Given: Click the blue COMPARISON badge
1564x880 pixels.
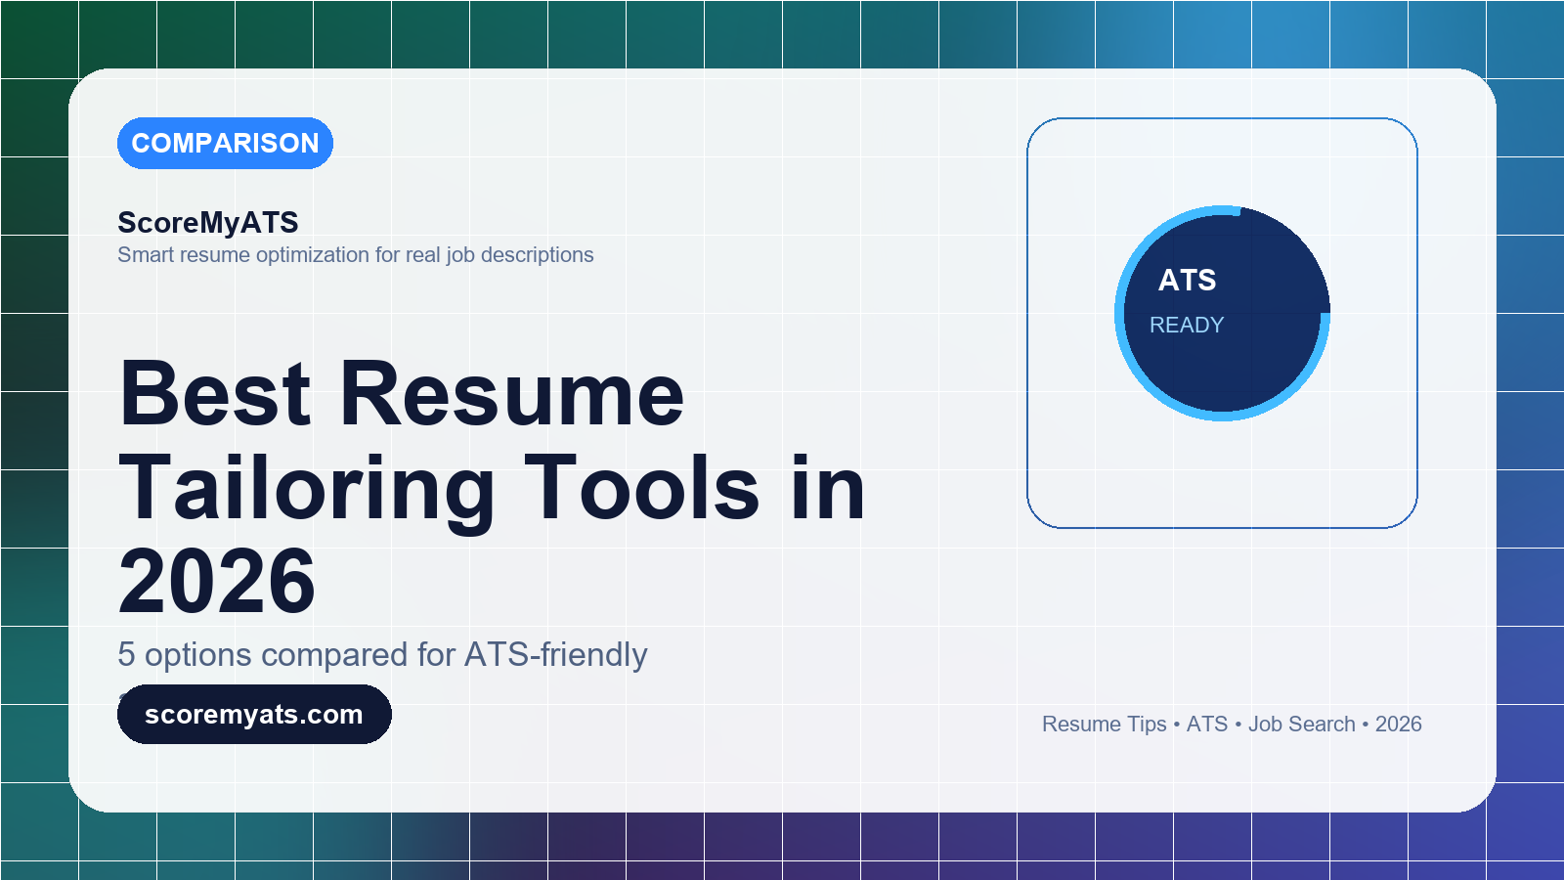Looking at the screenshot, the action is tap(225, 143).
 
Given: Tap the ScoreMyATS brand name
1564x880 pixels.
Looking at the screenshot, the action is tap(208, 223).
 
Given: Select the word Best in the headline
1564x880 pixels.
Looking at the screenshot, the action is tap(215, 394).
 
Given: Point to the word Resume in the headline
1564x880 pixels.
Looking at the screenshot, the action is tap(512, 394).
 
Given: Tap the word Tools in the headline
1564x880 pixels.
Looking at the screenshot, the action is tap(642, 488).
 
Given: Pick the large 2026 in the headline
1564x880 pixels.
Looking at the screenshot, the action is tap(217, 581).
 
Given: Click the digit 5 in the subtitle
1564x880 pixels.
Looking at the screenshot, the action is tap(126, 655).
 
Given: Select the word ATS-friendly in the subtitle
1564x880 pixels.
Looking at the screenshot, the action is tap(556, 655).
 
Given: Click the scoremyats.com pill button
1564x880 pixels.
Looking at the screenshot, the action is tap(254, 714).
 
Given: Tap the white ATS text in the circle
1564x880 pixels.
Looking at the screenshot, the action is tap(1187, 280).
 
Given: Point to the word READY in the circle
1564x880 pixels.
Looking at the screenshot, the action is tap(1187, 325).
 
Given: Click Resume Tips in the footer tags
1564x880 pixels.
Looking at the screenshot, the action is tap(1104, 725).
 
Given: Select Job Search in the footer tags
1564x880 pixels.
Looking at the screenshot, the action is tap(1301, 725).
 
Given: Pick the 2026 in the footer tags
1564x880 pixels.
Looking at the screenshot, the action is tap(1399, 725).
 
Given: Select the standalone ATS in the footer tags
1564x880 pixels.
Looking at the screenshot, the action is tap(1206, 725).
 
